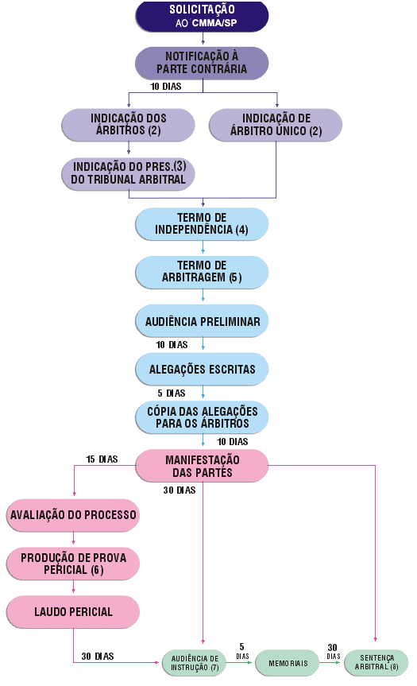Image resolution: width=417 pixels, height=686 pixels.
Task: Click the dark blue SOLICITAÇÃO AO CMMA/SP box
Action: [x=202, y=16]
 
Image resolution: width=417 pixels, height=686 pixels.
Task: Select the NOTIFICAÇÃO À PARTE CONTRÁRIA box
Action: [x=202, y=63]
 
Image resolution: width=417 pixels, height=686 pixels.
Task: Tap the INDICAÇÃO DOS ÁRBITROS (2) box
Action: [x=128, y=125]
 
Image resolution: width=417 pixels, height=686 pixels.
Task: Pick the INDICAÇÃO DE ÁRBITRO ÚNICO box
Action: [x=276, y=125]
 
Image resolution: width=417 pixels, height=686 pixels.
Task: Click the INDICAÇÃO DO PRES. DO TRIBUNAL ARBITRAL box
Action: [x=128, y=174]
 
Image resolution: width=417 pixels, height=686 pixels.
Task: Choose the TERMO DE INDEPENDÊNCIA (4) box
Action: [x=202, y=224]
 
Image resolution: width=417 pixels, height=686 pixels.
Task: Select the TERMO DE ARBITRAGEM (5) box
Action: [x=202, y=272]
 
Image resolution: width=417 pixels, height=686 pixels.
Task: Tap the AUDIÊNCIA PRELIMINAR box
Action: [x=202, y=320]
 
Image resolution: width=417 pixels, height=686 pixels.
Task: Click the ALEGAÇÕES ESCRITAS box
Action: [x=202, y=369]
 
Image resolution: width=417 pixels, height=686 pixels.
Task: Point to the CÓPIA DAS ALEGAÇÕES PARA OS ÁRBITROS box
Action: [x=202, y=417]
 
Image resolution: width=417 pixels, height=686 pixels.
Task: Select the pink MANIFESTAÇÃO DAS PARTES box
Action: [x=202, y=466]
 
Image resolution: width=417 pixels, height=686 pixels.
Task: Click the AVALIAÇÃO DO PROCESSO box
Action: [x=73, y=515]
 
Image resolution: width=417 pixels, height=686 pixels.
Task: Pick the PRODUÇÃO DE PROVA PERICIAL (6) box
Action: [x=73, y=564]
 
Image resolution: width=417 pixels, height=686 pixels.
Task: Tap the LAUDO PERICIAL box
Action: [x=73, y=611]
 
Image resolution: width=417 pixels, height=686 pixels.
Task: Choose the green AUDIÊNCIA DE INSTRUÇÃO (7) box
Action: [x=195, y=663]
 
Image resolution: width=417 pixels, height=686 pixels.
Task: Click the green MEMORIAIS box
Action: [x=288, y=663]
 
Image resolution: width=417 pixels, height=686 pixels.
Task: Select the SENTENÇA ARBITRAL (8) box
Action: [x=376, y=662]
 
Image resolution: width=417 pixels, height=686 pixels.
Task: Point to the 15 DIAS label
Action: [x=102, y=459]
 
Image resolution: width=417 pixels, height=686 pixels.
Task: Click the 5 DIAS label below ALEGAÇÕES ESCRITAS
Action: [x=172, y=393]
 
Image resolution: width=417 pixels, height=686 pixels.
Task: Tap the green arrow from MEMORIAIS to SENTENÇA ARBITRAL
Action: [x=330, y=662]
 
